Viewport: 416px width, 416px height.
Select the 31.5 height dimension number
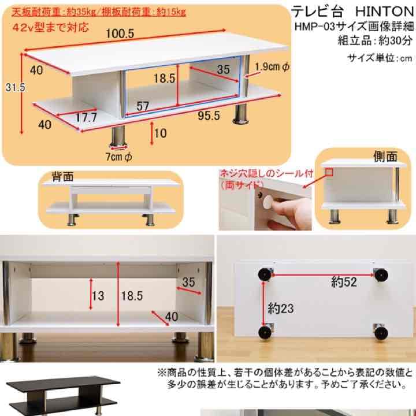click(x=9, y=87)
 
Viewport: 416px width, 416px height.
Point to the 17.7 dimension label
click(x=86, y=117)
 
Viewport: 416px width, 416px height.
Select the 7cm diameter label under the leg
click(x=120, y=157)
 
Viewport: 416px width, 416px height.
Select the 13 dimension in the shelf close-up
click(x=98, y=296)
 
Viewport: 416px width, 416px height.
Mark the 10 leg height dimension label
click(x=161, y=133)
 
